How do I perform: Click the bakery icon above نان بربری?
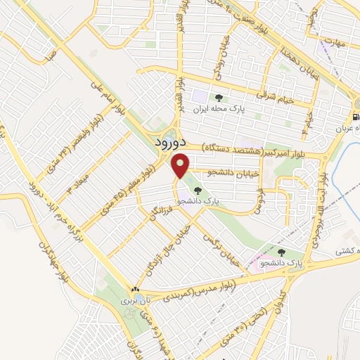pyautogui.click(x=135, y=289)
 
